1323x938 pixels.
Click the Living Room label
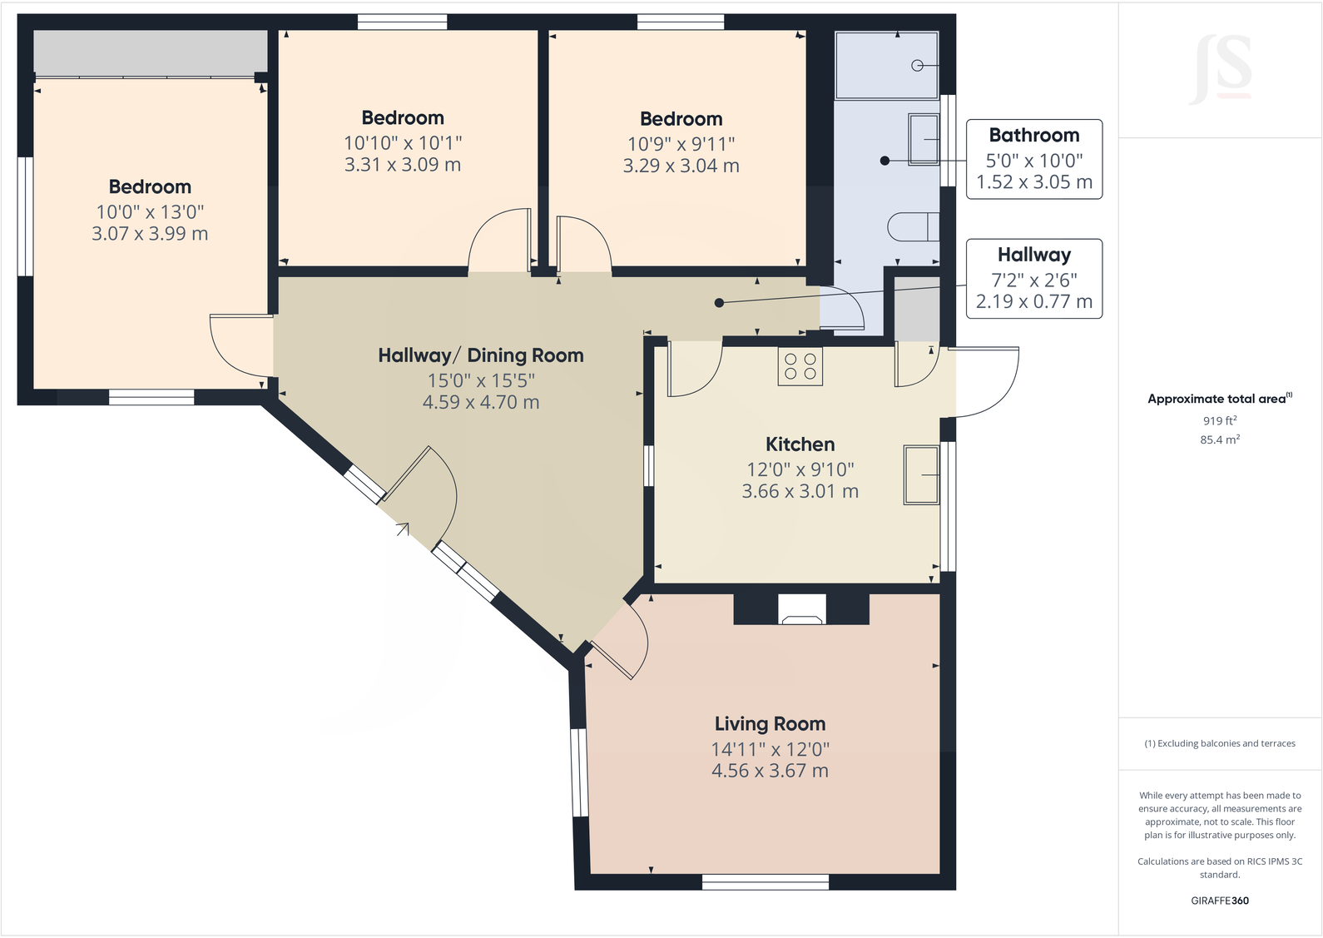[x=770, y=723]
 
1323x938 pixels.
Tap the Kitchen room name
[x=800, y=444]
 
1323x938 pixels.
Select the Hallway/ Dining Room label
[x=480, y=355]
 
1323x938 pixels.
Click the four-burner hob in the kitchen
[x=800, y=367]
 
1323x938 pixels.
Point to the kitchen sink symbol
[x=921, y=474]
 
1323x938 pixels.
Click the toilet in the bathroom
[x=913, y=227]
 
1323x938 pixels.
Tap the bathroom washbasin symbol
[x=924, y=140]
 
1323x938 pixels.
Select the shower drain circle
[x=917, y=66]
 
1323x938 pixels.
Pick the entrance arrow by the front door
[x=403, y=529]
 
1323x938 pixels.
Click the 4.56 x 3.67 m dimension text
[x=770, y=771]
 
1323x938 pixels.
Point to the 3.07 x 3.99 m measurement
[x=150, y=234]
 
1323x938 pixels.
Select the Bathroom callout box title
[x=1033, y=135]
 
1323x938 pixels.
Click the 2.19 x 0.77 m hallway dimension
[x=1033, y=301]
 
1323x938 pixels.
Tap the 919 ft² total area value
[x=1220, y=420]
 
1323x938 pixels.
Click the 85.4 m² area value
[x=1220, y=439]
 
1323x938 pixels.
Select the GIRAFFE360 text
[x=1220, y=901]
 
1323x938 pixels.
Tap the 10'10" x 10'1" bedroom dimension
[x=403, y=143]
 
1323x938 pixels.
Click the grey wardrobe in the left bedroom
[x=150, y=52]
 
